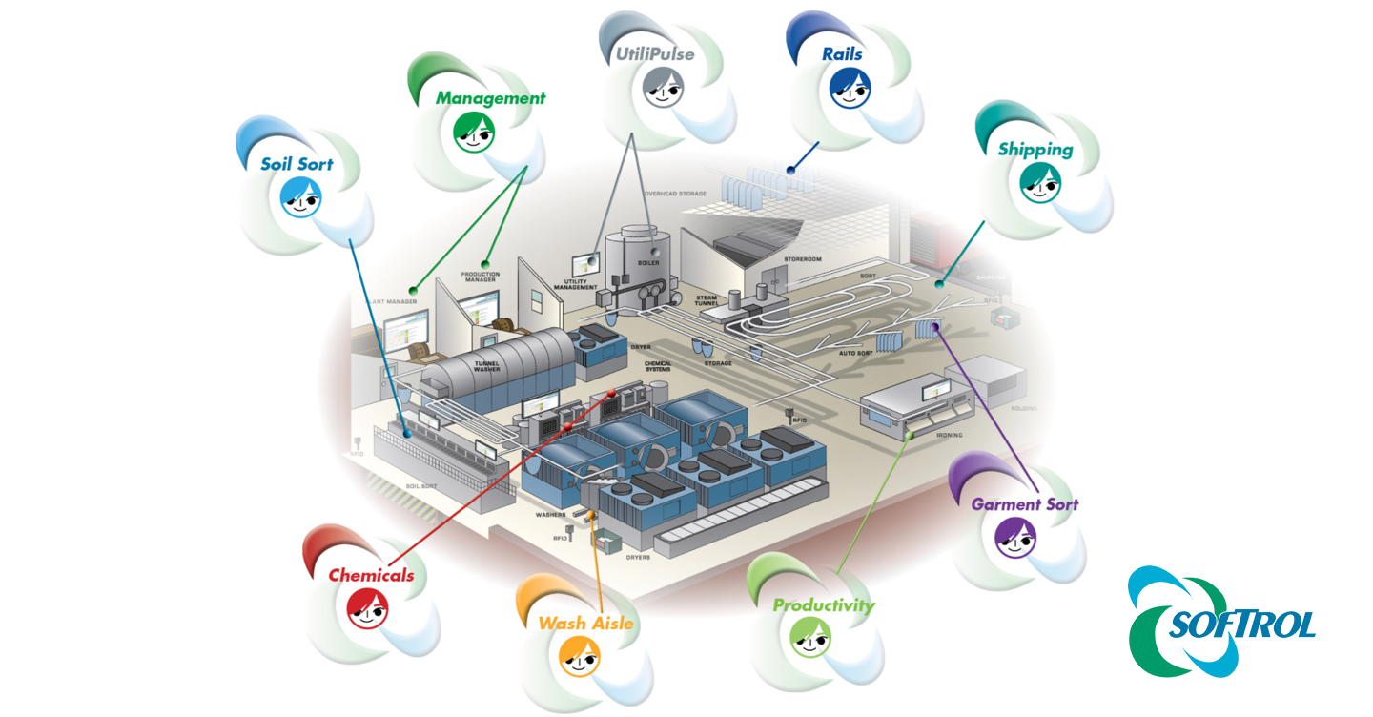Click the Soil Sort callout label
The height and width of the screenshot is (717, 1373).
297,164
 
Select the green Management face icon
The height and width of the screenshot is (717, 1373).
474,132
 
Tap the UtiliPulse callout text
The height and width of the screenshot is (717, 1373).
654,54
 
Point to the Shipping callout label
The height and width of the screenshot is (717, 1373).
1035,150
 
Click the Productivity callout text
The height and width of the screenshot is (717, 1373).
823,604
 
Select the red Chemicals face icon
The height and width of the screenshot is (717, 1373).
367,607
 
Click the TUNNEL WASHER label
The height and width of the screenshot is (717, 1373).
486,366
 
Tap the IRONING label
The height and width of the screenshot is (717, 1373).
949,435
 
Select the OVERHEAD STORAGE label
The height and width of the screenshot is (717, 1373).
675,194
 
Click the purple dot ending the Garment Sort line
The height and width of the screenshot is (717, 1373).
934,327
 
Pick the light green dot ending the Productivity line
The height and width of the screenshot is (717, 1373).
912,435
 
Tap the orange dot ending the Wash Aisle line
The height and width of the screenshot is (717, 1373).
591,516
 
